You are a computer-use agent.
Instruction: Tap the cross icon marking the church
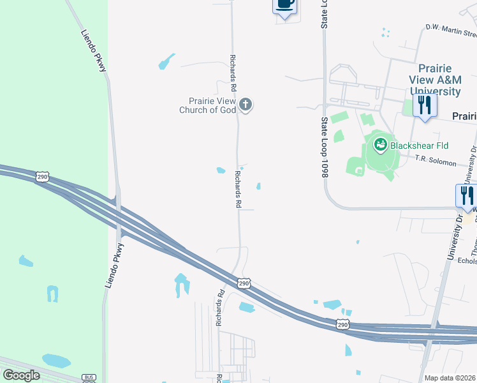click(246, 105)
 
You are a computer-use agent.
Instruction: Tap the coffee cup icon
click(285, 4)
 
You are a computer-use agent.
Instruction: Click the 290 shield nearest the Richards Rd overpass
click(244, 283)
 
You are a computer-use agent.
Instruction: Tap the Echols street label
click(467, 260)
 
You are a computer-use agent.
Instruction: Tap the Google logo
click(21, 375)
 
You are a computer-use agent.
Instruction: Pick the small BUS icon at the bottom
click(89, 378)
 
